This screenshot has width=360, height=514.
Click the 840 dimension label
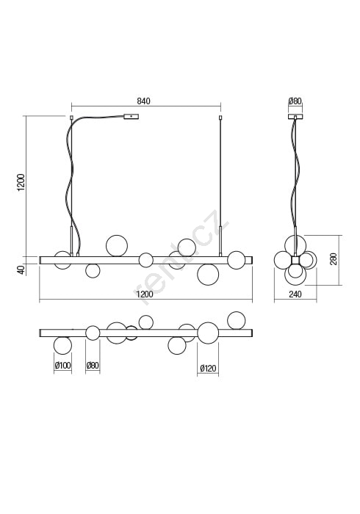143,101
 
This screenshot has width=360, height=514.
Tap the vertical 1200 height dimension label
21,182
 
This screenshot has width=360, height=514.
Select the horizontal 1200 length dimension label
145,294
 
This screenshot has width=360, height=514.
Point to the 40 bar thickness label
21,269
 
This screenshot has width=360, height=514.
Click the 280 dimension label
334,259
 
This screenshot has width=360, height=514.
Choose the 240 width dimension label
295,294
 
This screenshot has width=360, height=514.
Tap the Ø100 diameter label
63,365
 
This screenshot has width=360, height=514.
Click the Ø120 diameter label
208,368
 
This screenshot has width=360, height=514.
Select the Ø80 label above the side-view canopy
295,101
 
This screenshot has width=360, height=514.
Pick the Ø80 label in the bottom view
93,365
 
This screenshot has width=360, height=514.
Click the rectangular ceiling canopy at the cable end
132,116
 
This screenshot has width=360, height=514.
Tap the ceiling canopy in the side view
295,116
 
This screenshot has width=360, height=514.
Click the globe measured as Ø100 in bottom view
62,346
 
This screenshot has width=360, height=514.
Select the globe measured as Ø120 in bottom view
208,333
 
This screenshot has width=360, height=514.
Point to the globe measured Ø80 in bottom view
93,333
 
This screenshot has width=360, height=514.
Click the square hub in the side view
295,260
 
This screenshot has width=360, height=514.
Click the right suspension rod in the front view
220,187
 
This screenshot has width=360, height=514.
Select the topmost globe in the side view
295,245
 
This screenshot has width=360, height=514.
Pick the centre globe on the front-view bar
146,260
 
